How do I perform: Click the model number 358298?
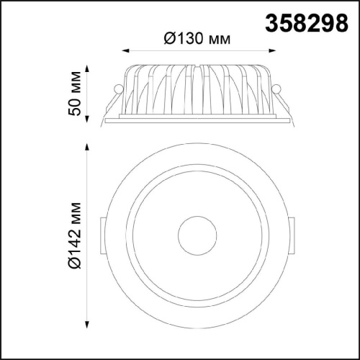coord(307,23)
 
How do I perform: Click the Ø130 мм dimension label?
coord(197,38)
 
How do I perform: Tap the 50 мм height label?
coord(74,94)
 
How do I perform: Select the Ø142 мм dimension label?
coord(74,235)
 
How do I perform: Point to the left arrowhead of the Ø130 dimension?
coord(126,50)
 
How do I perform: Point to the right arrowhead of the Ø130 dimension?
coord(272,50)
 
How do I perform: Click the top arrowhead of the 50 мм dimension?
coord(87,68)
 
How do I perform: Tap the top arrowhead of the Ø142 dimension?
coord(87,148)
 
